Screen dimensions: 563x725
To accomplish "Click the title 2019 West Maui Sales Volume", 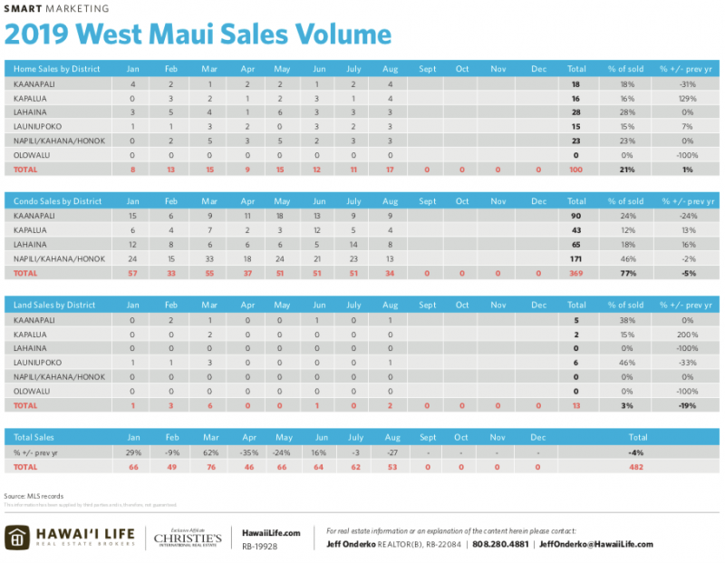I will point(198,34).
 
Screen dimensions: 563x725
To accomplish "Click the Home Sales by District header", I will point(55,69).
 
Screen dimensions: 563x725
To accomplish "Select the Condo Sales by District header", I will point(56,201).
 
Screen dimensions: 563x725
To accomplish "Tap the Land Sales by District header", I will point(53,305).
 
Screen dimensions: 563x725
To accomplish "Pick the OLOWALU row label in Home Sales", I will point(34,155).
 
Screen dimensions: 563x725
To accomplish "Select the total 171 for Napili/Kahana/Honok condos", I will point(575,258).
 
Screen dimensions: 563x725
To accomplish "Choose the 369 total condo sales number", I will point(575,273).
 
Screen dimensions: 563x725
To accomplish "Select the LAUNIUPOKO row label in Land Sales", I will point(38,362).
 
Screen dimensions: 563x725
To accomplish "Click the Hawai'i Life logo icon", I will point(16,537).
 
